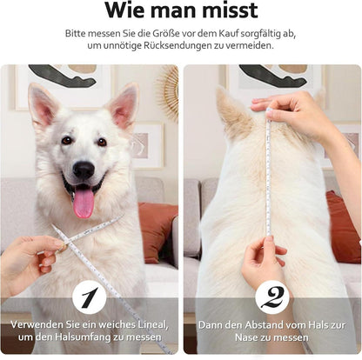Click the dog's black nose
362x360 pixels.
pos(84,170)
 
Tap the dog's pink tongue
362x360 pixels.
pos(84,202)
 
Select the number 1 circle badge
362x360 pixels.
pos(89,297)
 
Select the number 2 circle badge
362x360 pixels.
pos(272,297)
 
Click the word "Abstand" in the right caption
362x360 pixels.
pos(263,325)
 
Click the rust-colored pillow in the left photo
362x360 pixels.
pos(158,232)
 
